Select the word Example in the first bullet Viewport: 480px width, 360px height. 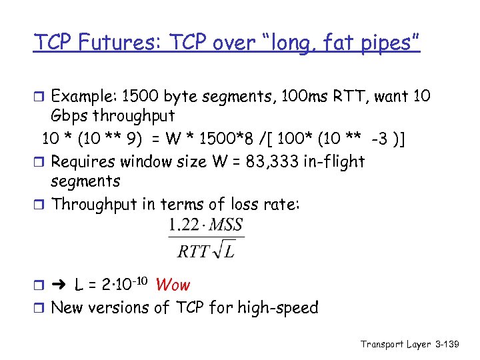click(x=82, y=97)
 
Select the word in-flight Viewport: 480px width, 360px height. click(x=331, y=161)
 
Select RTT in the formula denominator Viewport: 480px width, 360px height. click(x=193, y=251)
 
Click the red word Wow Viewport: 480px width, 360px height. click(x=173, y=285)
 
